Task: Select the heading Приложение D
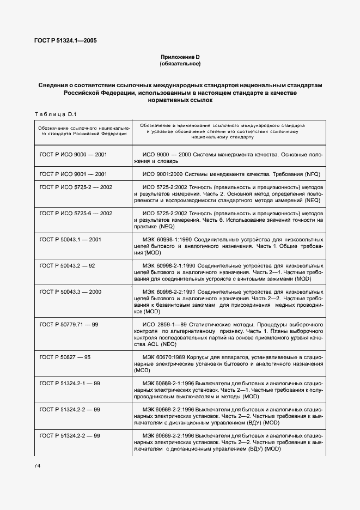[180, 57]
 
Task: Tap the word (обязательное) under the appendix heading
[180, 64]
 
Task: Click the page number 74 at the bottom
[38, 466]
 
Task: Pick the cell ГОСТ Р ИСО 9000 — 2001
[74, 155]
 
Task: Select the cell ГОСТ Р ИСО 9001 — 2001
[74, 174]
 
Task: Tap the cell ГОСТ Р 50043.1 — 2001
[71, 239]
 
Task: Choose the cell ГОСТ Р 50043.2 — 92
[68, 265]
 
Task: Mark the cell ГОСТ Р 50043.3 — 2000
[71, 292]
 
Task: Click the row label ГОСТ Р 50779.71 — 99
[69, 324]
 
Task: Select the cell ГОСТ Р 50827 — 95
[65, 357]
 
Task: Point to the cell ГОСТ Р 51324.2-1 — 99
[70, 384]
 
